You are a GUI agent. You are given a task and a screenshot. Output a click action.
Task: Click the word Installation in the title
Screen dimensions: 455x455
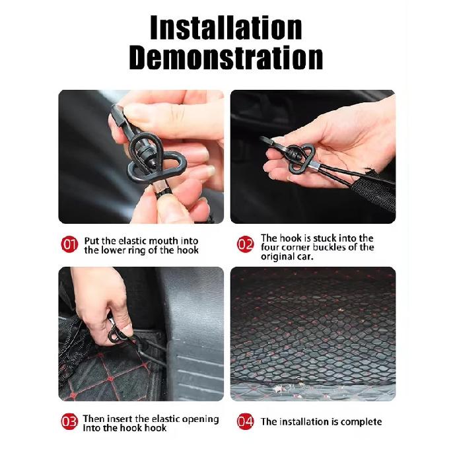coord(226,28)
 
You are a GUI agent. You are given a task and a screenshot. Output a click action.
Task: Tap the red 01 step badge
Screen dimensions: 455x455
coord(69,244)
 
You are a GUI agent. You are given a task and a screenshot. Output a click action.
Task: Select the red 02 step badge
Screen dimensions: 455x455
coord(245,244)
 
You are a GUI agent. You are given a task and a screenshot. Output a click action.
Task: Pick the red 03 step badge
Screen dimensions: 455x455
coord(69,421)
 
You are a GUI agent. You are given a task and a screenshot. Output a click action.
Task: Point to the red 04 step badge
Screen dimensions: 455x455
coord(245,421)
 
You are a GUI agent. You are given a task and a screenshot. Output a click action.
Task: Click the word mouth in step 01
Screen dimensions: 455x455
coord(163,241)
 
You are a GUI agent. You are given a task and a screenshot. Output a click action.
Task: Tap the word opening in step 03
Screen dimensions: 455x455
coord(204,419)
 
